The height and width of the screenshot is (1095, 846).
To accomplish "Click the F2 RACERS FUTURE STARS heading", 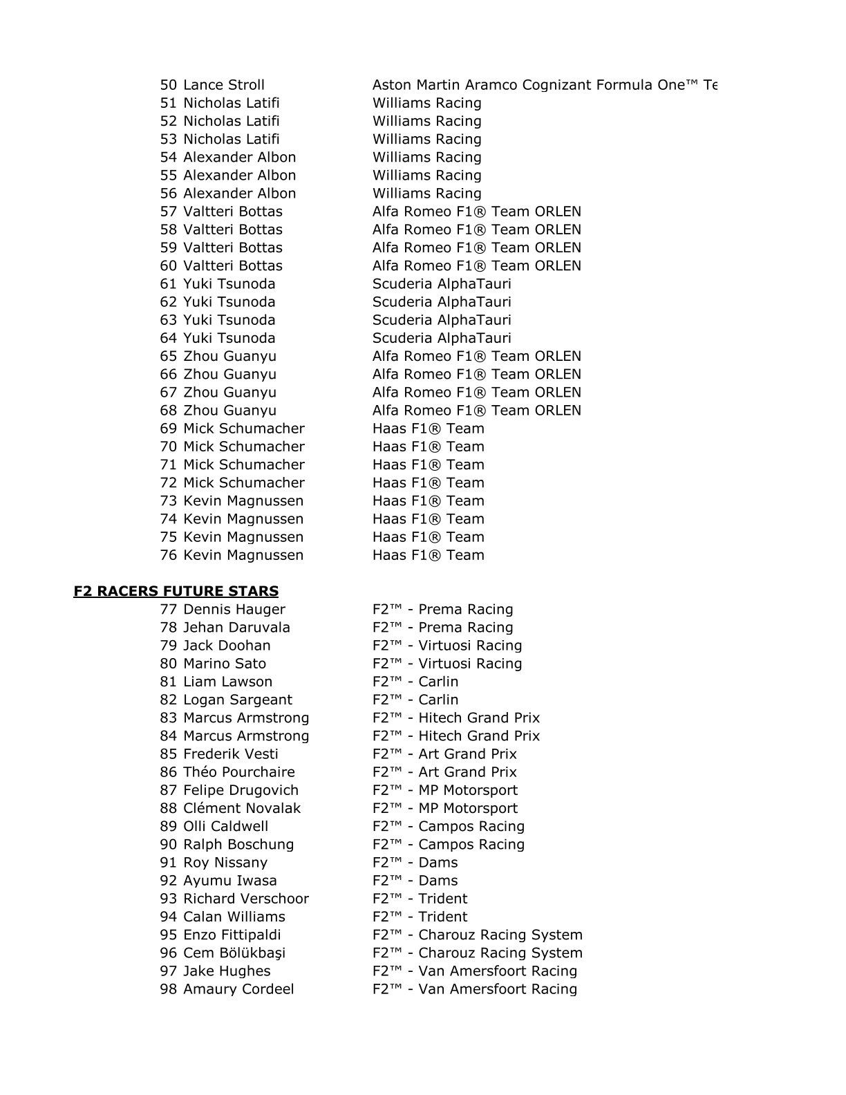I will (x=176, y=591).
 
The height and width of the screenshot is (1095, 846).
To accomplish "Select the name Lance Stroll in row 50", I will (x=223, y=85).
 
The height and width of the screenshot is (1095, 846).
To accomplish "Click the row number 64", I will (x=169, y=338).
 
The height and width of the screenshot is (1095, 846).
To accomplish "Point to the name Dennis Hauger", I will (x=234, y=609).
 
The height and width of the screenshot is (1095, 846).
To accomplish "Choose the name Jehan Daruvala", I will (x=236, y=627).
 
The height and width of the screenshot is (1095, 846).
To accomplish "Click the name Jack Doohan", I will (x=227, y=645).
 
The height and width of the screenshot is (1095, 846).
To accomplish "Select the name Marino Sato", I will (x=224, y=664).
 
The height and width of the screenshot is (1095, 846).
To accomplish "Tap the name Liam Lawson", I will (x=227, y=682).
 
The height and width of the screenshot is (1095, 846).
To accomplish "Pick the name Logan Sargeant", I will (x=237, y=700).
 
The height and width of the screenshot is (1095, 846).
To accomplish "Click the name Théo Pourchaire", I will (x=238, y=772).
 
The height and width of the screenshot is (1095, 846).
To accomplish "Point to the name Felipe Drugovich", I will (x=241, y=790).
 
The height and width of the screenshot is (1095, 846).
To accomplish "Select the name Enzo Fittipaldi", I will (x=232, y=935).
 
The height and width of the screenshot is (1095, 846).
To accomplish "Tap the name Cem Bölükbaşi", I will (x=234, y=953).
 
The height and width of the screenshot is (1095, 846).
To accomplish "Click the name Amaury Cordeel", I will (x=238, y=989).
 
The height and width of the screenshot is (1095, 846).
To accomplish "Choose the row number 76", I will (x=169, y=555).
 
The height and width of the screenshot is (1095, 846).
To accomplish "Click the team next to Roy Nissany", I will (x=415, y=863).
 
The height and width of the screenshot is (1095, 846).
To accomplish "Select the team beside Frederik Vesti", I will (x=444, y=754).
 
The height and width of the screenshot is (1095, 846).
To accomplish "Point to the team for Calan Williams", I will (x=420, y=917).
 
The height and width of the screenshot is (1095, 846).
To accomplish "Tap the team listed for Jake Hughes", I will (x=474, y=971).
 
